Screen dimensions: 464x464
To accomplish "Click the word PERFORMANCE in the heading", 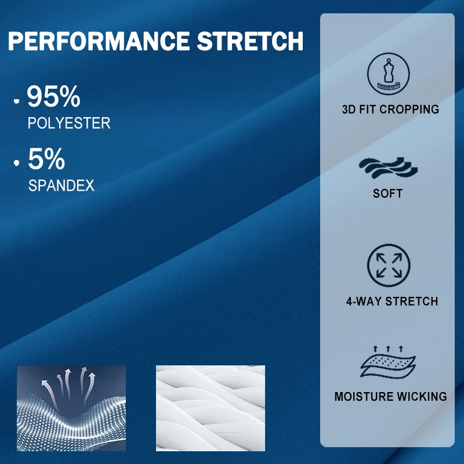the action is [x=99, y=41].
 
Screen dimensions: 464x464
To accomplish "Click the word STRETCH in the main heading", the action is [x=251, y=41].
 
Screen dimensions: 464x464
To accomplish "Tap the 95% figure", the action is [x=53, y=96].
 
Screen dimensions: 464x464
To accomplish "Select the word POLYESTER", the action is [x=69, y=123].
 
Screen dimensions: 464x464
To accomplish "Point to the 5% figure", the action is [x=46, y=158].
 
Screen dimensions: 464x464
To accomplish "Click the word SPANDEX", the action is [x=61, y=186].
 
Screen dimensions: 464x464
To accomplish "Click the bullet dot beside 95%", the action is [x=17, y=101].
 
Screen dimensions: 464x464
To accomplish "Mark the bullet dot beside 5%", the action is [x=17, y=162].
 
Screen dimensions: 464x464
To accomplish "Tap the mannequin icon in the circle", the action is [x=388, y=74].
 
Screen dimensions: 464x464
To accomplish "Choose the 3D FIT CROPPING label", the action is [x=390, y=110].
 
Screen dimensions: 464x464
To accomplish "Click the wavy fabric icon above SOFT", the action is [x=388, y=168].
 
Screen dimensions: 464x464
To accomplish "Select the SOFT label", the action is [x=387, y=194].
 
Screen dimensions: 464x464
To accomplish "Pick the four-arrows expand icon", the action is [x=389, y=266].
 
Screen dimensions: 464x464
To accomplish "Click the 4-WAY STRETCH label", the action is [x=392, y=301].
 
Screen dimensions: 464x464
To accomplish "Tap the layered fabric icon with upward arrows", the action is [x=388, y=361].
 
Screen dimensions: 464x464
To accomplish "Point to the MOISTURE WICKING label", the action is [x=390, y=397].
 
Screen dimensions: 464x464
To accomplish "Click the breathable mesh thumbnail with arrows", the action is [x=71, y=408].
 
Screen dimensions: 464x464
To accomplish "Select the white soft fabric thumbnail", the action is [x=211, y=408].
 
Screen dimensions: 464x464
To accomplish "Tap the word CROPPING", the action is [x=409, y=110].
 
